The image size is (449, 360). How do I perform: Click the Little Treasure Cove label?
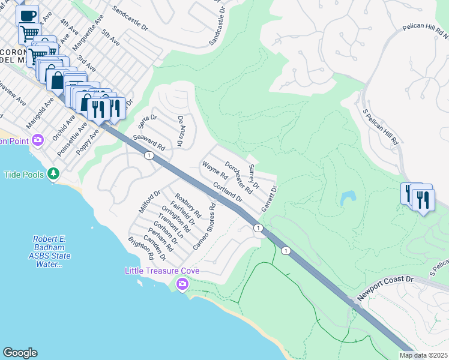point(161,271)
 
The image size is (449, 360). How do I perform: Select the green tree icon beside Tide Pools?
point(54,173)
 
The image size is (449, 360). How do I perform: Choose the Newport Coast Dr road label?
point(385,289)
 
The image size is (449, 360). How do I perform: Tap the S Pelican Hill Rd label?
point(382,127)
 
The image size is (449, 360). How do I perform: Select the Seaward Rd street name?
point(149,142)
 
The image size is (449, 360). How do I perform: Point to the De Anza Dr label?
point(179,131)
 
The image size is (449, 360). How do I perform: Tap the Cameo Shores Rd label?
point(204,227)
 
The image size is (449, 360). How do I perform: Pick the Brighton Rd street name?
point(141,248)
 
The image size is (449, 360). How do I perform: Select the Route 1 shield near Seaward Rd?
point(147,155)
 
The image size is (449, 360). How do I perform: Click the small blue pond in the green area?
point(348,197)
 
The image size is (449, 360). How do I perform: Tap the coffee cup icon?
point(27,16)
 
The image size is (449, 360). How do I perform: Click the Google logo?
point(20,353)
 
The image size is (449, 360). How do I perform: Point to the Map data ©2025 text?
point(423,355)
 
